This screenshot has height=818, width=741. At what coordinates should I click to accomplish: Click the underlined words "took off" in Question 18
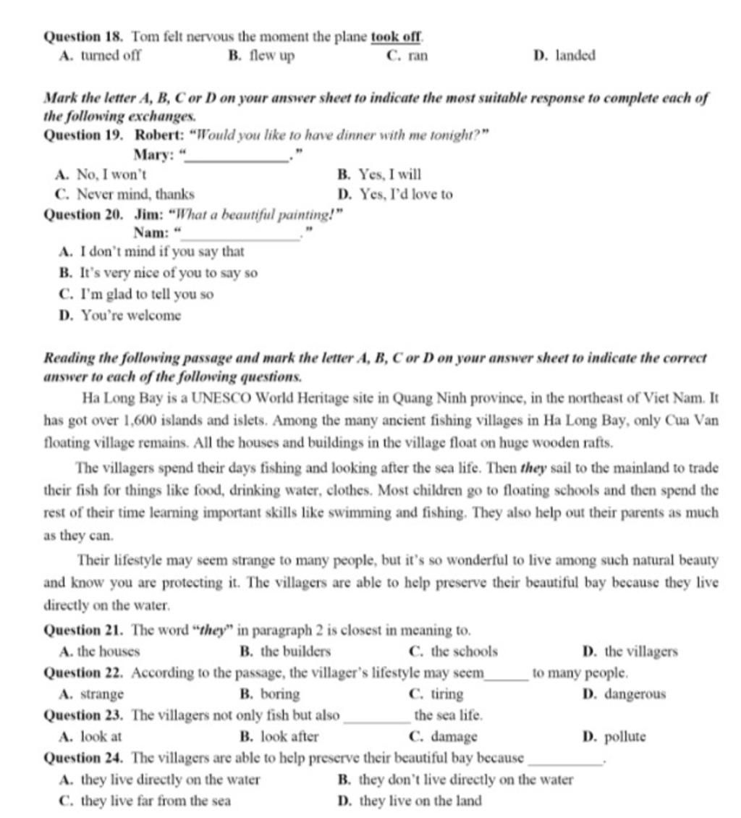point(396,35)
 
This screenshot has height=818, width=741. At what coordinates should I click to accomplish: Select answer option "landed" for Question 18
point(575,56)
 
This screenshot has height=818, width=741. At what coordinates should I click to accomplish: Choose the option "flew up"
point(271,56)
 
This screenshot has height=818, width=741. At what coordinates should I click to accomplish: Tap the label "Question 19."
point(85,135)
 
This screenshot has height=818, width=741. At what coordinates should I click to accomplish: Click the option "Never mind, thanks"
point(135,195)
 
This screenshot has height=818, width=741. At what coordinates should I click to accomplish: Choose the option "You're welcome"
point(131,316)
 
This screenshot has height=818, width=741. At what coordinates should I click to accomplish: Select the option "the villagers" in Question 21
point(640,652)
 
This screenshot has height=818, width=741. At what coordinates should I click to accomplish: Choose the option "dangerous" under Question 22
point(634,694)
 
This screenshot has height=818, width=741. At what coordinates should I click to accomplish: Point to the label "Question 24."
point(85,759)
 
